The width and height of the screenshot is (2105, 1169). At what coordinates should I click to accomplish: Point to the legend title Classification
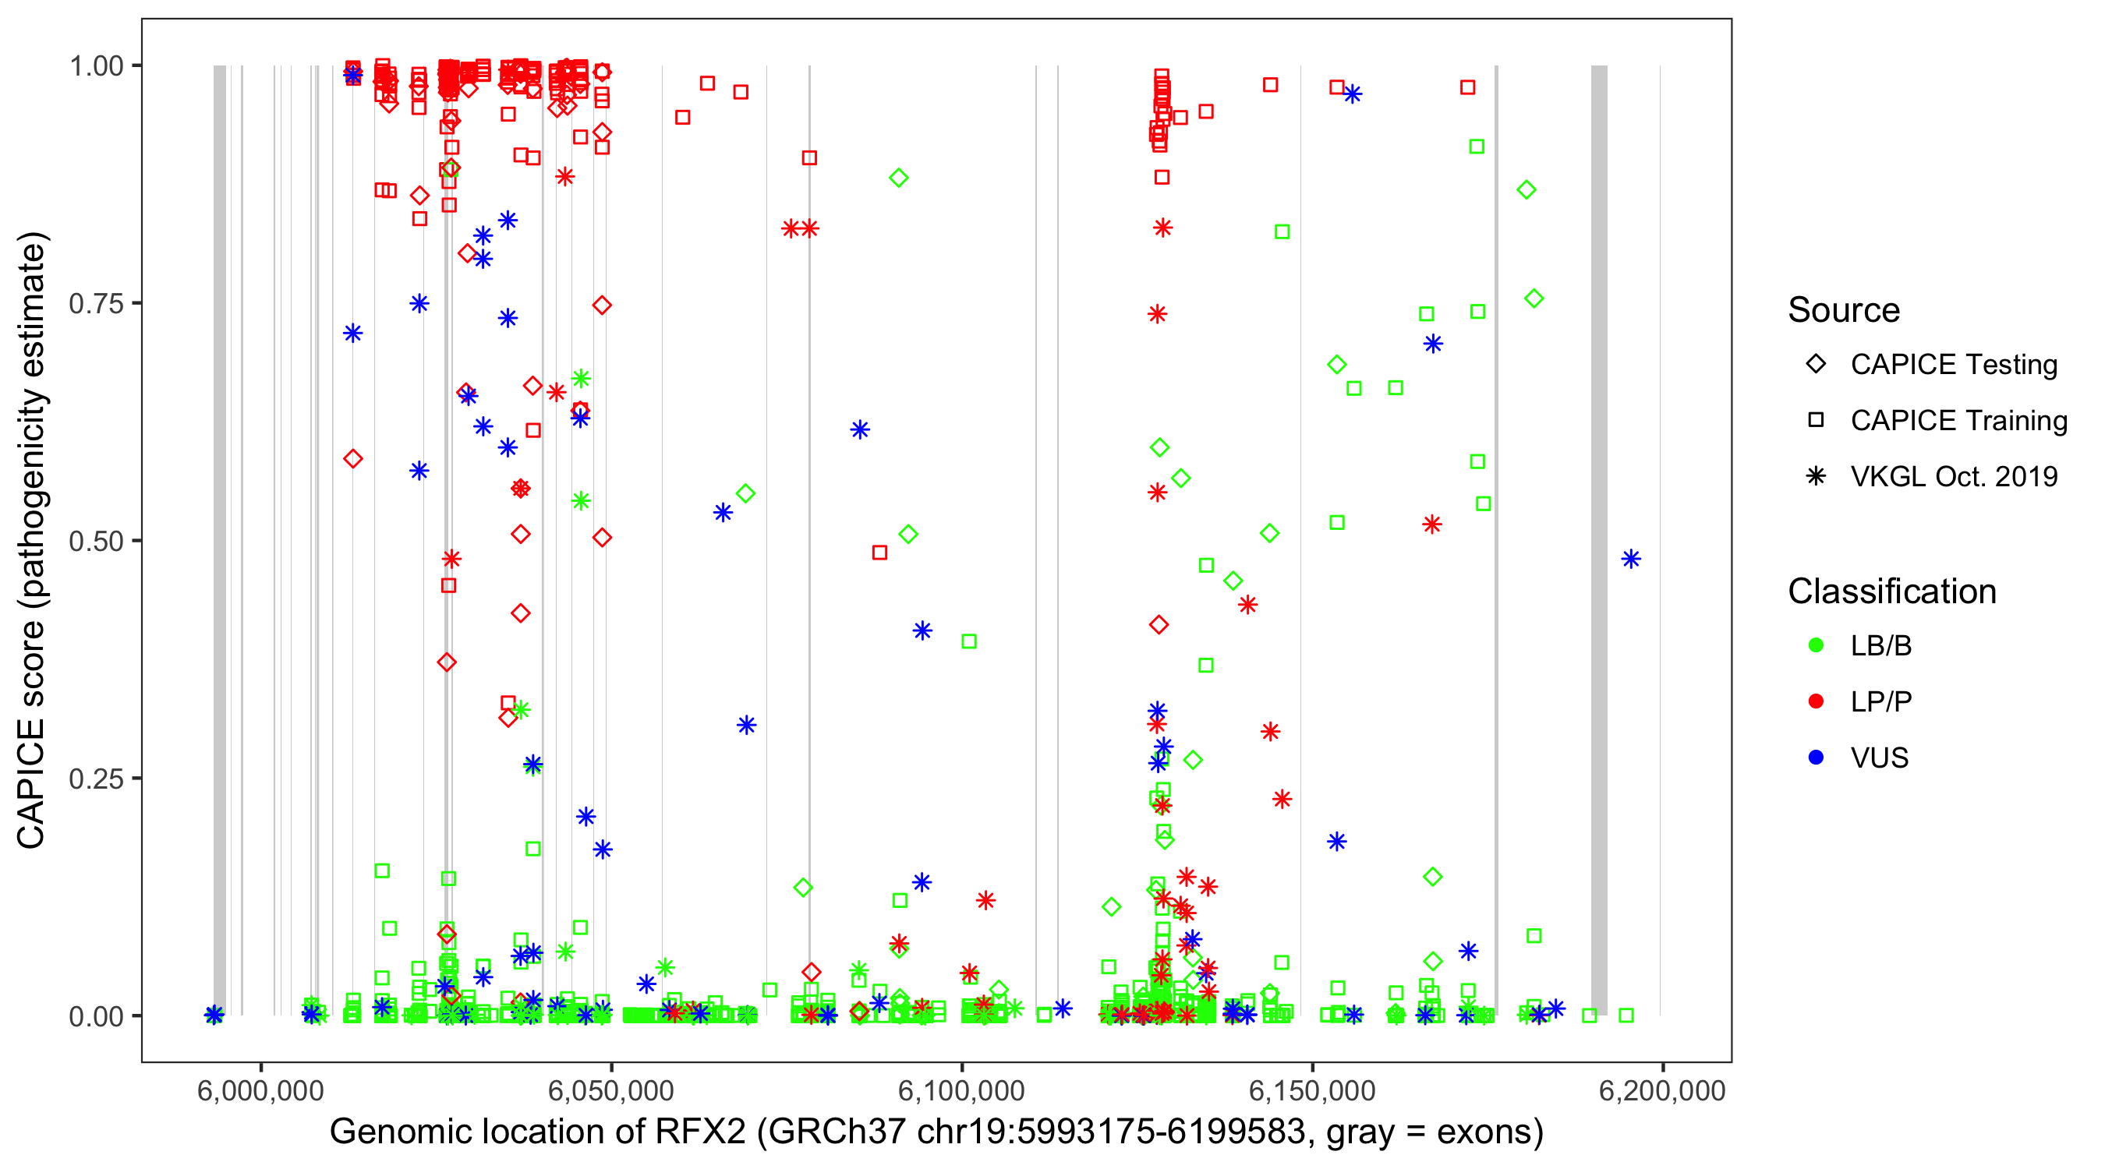(x=1891, y=592)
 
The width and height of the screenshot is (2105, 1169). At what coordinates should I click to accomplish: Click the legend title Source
(x=1844, y=310)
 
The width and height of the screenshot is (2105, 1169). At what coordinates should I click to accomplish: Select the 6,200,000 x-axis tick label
(x=1662, y=1090)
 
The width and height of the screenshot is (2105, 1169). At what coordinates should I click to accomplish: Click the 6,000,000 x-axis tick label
(x=260, y=1090)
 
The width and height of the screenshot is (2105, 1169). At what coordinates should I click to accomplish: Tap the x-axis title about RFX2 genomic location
(x=936, y=1132)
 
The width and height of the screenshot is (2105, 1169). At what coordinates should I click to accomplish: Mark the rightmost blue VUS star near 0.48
(x=1631, y=559)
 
